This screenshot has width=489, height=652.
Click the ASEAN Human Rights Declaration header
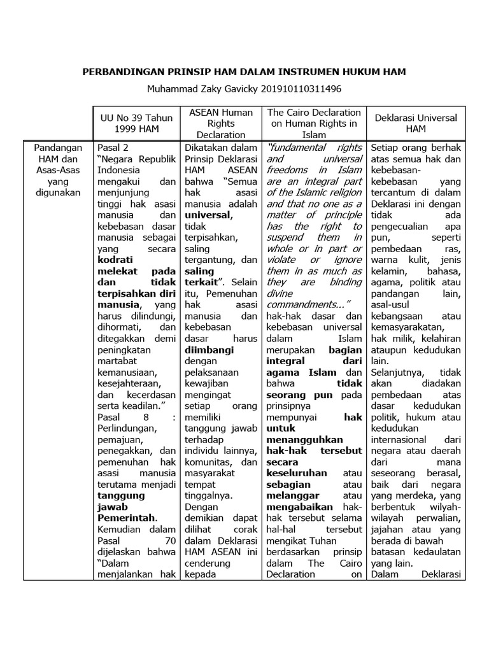tap(221, 124)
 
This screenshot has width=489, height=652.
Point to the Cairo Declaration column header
tap(315, 124)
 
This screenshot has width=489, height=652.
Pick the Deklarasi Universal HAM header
tap(416, 124)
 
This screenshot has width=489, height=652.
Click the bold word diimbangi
tap(209, 350)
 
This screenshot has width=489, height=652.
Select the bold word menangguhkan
tap(305, 439)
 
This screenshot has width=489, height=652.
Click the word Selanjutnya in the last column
tap(397, 372)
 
